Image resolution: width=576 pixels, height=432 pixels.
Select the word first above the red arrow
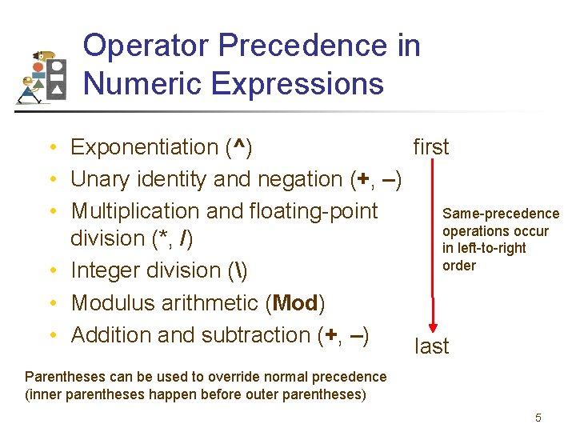430,147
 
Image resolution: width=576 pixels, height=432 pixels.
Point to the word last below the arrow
431,346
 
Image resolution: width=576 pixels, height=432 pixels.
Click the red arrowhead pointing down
433,326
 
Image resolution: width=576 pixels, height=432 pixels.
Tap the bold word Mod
296,303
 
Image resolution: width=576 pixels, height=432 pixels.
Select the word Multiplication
136,211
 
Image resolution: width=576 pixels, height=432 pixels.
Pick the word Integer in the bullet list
105,270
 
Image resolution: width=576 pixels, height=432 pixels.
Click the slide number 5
538,418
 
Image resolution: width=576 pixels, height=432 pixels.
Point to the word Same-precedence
501,214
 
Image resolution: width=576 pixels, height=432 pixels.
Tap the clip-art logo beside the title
42,77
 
